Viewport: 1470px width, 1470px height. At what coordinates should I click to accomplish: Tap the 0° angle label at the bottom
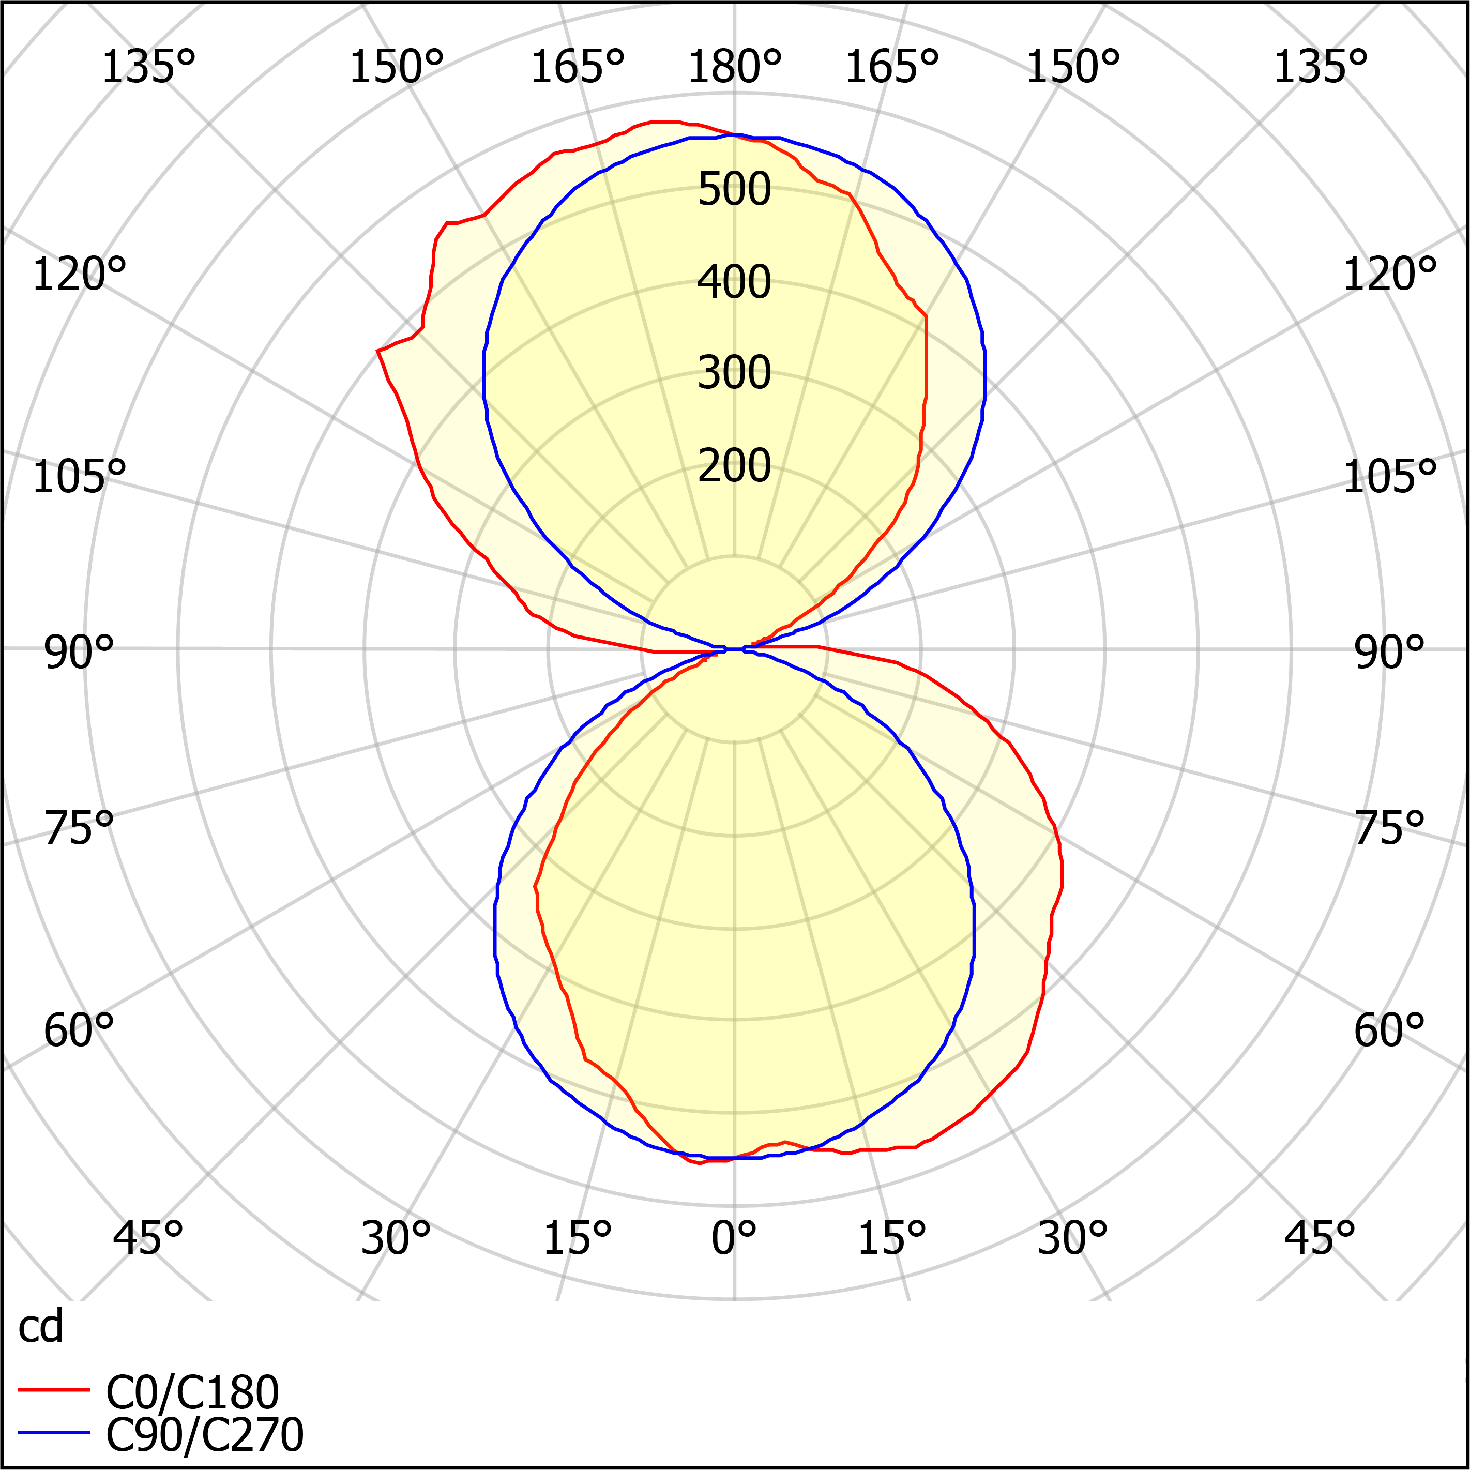pyautogui.click(x=734, y=1239)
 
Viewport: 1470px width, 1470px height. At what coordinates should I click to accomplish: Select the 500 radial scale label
pyautogui.click(x=734, y=189)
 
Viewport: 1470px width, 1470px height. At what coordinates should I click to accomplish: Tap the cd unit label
pyautogui.click(x=40, y=1327)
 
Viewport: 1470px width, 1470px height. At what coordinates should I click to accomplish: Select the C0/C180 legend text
pyautogui.click(x=192, y=1393)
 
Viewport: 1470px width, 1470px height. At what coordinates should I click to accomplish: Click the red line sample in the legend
pyautogui.click(x=53, y=1390)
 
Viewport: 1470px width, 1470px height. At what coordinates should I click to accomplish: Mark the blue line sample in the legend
pyautogui.click(x=53, y=1433)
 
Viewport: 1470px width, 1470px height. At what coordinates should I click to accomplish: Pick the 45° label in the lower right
pyautogui.click(x=1320, y=1239)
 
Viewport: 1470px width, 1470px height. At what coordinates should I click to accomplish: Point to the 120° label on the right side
pyautogui.click(x=1389, y=275)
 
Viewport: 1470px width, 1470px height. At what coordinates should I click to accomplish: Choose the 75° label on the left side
pyautogui.click(x=79, y=828)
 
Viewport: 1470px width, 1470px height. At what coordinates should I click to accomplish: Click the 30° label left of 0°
pyautogui.click(x=396, y=1239)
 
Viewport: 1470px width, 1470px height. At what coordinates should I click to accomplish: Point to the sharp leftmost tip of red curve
pyautogui.click(x=378, y=352)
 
